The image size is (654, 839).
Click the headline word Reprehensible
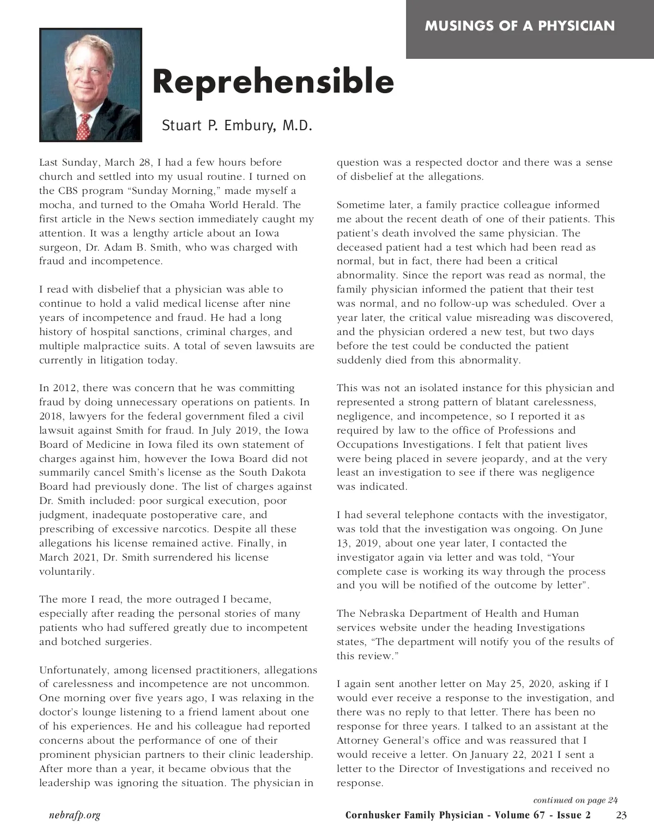[272, 82]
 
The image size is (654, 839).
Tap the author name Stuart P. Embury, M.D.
[237, 126]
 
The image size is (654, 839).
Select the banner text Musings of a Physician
[519, 26]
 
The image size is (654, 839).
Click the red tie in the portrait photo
[83, 126]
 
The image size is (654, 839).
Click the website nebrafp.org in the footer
[75, 815]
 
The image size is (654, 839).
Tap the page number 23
[621, 815]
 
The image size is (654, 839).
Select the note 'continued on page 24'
[575, 800]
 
